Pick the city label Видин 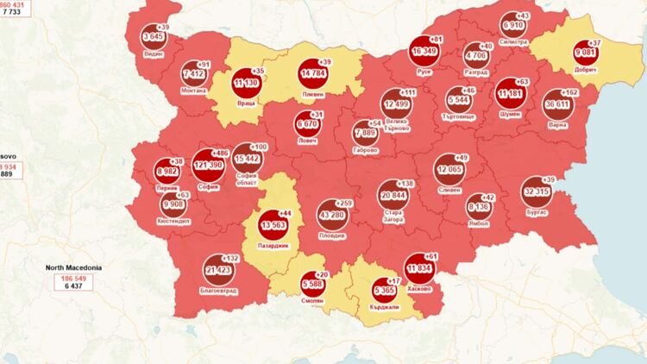pos(154,53)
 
